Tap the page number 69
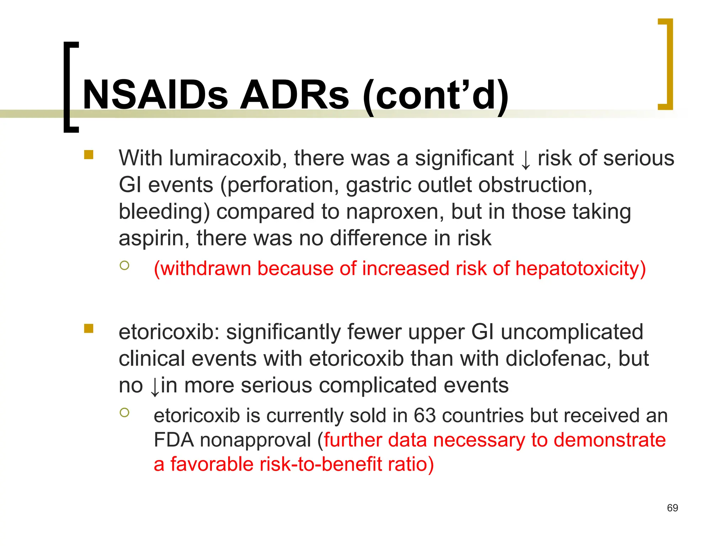point(672,508)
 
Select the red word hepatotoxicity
point(580,269)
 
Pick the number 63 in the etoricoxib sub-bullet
point(424,416)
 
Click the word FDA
point(173,440)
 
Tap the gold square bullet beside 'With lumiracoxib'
point(89,155)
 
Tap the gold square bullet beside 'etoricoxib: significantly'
point(89,328)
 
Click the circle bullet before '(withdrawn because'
point(124,265)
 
